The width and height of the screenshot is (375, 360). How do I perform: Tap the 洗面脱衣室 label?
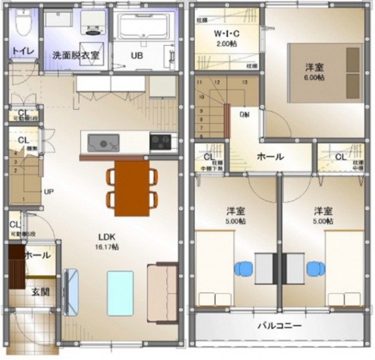[76, 56]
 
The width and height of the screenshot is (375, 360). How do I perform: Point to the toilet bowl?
[23, 25]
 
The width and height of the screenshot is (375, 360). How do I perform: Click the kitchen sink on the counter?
[104, 142]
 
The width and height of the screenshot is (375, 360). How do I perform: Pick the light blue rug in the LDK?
[123, 289]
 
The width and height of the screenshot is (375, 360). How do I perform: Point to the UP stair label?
[49, 191]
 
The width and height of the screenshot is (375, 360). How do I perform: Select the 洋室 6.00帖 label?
[315, 72]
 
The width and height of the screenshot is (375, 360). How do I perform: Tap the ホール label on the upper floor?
[271, 157]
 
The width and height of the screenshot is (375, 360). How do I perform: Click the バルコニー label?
[280, 326]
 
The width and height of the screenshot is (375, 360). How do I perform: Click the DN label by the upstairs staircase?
[246, 114]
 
